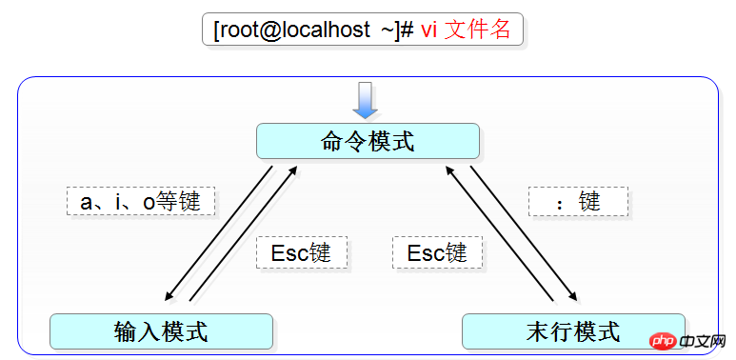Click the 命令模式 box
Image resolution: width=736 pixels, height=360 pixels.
coord(368,141)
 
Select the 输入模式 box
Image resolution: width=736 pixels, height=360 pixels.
coord(161,331)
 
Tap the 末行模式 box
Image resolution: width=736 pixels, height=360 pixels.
coord(572,331)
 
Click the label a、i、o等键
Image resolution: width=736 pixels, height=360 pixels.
coord(141,201)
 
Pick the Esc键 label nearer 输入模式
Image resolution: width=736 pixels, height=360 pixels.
coord(301,252)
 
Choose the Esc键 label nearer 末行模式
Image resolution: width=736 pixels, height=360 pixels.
coord(437,252)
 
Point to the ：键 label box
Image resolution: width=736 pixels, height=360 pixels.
coord(578,201)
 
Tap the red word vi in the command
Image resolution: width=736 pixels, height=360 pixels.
coord(429,30)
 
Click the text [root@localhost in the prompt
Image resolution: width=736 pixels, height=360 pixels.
coord(291,30)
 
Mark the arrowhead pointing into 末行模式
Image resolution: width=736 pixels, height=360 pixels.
coord(574,296)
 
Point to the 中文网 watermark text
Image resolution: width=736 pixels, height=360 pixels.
coord(706,341)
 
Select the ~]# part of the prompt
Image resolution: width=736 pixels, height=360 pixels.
coord(396,30)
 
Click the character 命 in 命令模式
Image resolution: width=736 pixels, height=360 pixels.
coord(332,141)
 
